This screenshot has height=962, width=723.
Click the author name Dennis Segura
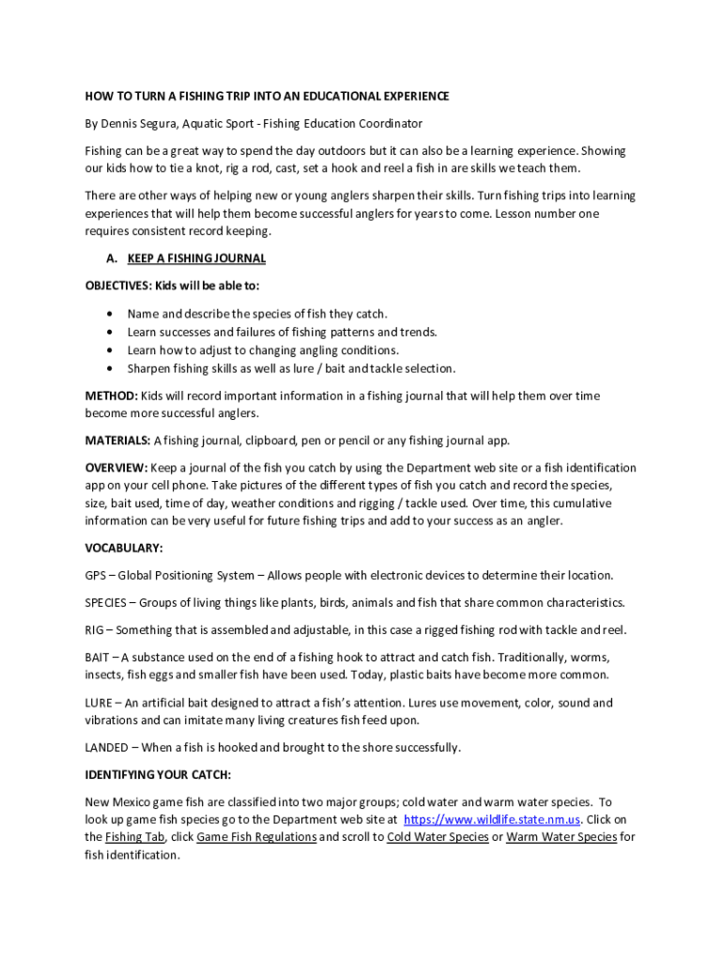[139, 123]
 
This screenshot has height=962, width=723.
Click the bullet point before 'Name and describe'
[113, 314]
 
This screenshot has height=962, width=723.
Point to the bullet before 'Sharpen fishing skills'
[113, 368]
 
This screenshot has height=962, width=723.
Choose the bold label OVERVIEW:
[115, 467]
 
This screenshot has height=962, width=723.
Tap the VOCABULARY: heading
[124, 548]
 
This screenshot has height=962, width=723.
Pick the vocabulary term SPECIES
[105, 602]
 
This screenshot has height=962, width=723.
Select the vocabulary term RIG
[94, 629]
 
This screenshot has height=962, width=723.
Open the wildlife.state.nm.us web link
[492, 819]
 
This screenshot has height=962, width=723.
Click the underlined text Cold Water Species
[438, 837]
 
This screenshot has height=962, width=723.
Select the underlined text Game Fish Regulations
[256, 837]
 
